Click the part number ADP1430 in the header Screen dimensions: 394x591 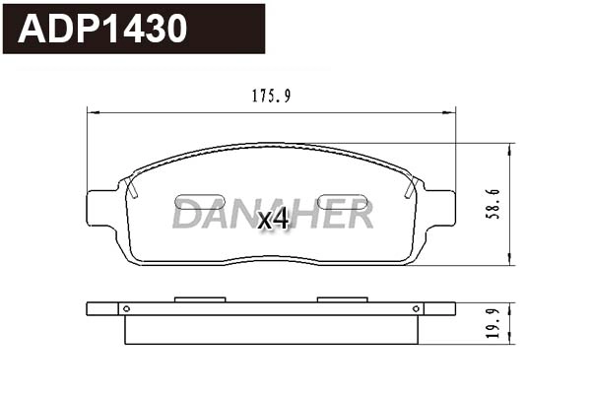103,29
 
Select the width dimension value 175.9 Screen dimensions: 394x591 271,97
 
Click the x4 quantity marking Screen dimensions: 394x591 273,219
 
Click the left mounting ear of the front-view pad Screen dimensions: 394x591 102,207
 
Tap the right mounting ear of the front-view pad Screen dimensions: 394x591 440,207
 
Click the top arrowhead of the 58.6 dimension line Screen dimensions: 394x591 510,148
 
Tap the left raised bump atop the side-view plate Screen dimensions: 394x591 200,298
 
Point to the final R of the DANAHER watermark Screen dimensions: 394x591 361,214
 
